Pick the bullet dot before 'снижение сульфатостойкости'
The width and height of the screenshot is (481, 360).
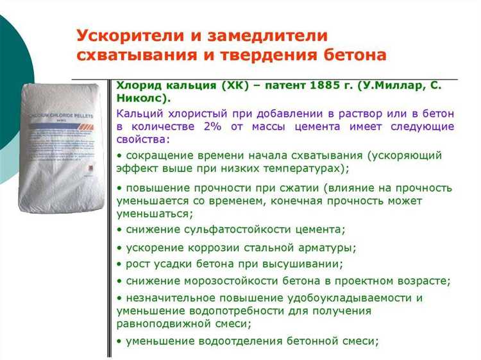click(x=120, y=229)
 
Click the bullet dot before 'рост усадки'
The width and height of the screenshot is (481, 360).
click(x=120, y=264)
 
